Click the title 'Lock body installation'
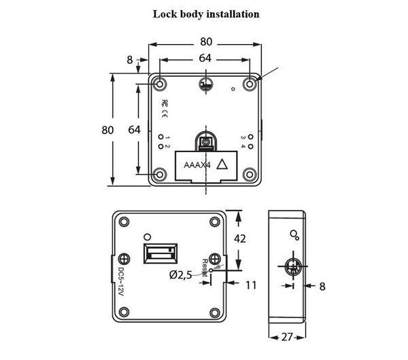[x=205, y=14]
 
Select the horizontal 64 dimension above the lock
[x=205, y=58]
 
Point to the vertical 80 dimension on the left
[x=107, y=130]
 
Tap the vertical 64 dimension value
[x=134, y=130]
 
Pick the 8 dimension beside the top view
[x=130, y=60]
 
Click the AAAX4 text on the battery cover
[x=197, y=165]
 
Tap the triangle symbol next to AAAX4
[x=220, y=164]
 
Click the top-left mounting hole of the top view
[x=160, y=84]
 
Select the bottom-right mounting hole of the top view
[x=250, y=175]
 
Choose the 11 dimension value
[x=251, y=285]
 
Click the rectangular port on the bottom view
[x=160, y=256]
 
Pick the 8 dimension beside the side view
[x=322, y=286]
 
